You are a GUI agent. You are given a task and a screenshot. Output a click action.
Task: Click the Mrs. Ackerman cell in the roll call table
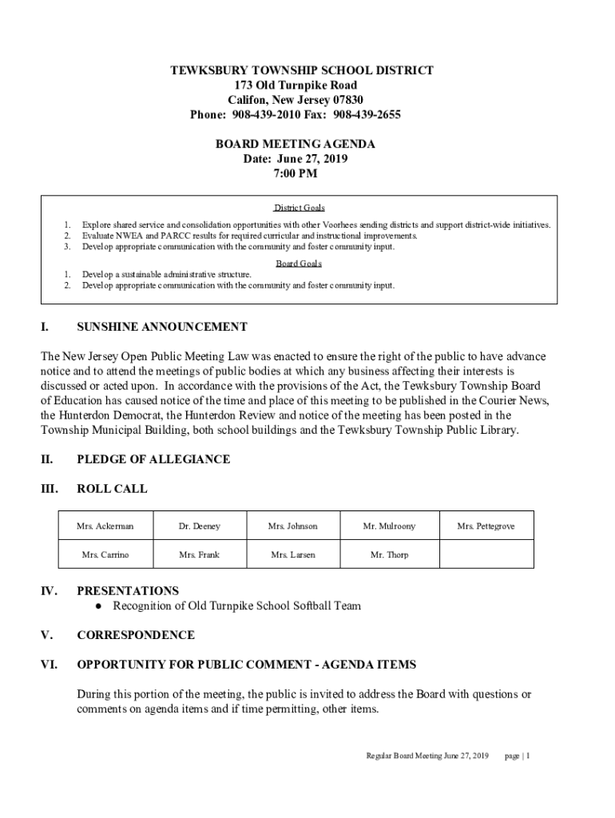coord(105,526)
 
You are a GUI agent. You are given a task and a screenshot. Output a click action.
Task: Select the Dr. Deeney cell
coord(200,526)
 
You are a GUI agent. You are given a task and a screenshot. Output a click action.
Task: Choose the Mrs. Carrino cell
coord(105,554)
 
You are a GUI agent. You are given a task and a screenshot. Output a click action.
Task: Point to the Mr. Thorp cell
coord(389,554)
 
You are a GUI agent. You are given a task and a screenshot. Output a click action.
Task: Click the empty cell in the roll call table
coord(486,554)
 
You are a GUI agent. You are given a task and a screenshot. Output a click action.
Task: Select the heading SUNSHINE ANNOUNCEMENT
coord(161,327)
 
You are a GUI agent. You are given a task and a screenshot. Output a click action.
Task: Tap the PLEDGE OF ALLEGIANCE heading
coord(153,459)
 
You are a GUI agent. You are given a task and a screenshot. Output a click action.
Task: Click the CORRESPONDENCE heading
coord(136,635)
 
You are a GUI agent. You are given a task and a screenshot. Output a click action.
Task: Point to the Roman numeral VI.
coord(49,665)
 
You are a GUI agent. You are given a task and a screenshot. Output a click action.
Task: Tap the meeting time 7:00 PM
coord(296,173)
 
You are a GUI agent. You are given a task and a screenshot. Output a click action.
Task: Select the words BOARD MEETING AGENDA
coord(296,145)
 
